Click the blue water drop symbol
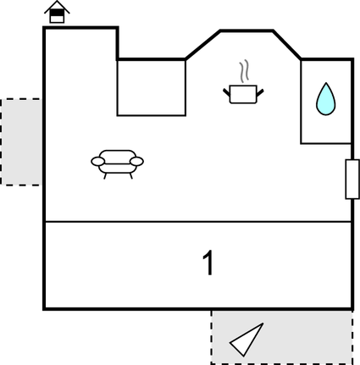click(326, 99)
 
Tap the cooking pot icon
click(243, 94)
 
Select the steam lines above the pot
click(244, 70)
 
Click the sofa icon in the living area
click(117, 164)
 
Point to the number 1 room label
click(208, 263)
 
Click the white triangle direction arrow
click(246, 340)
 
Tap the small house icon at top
click(57, 12)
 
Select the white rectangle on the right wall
click(352, 180)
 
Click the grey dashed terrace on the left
click(22, 142)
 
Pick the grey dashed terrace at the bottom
click(282, 337)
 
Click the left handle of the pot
click(226, 93)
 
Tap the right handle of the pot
click(260, 93)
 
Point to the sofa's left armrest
click(98, 162)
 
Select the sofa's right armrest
click(136, 162)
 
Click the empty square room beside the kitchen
click(152, 87)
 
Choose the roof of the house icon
click(57, 7)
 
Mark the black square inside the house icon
click(57, 13)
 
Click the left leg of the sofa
click(105, 176)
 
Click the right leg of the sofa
click(131, 176)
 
